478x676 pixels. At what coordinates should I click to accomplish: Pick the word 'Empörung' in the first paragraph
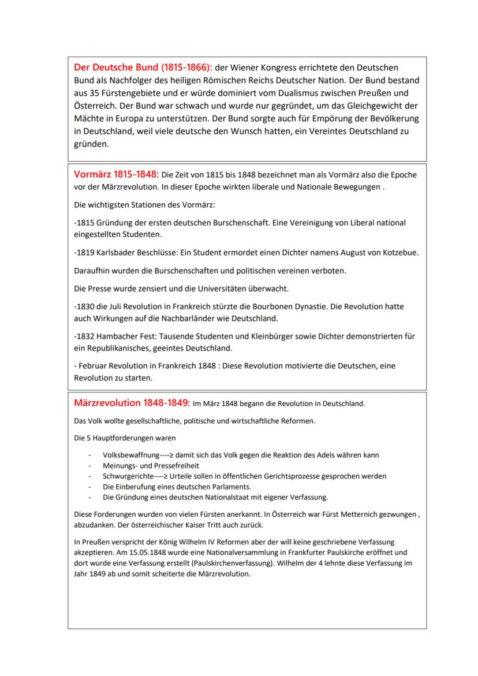coord(322,118)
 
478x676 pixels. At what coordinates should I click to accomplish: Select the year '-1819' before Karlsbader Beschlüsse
coord(84,253)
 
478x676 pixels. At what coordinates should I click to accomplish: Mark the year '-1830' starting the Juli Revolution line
coord(84,306)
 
